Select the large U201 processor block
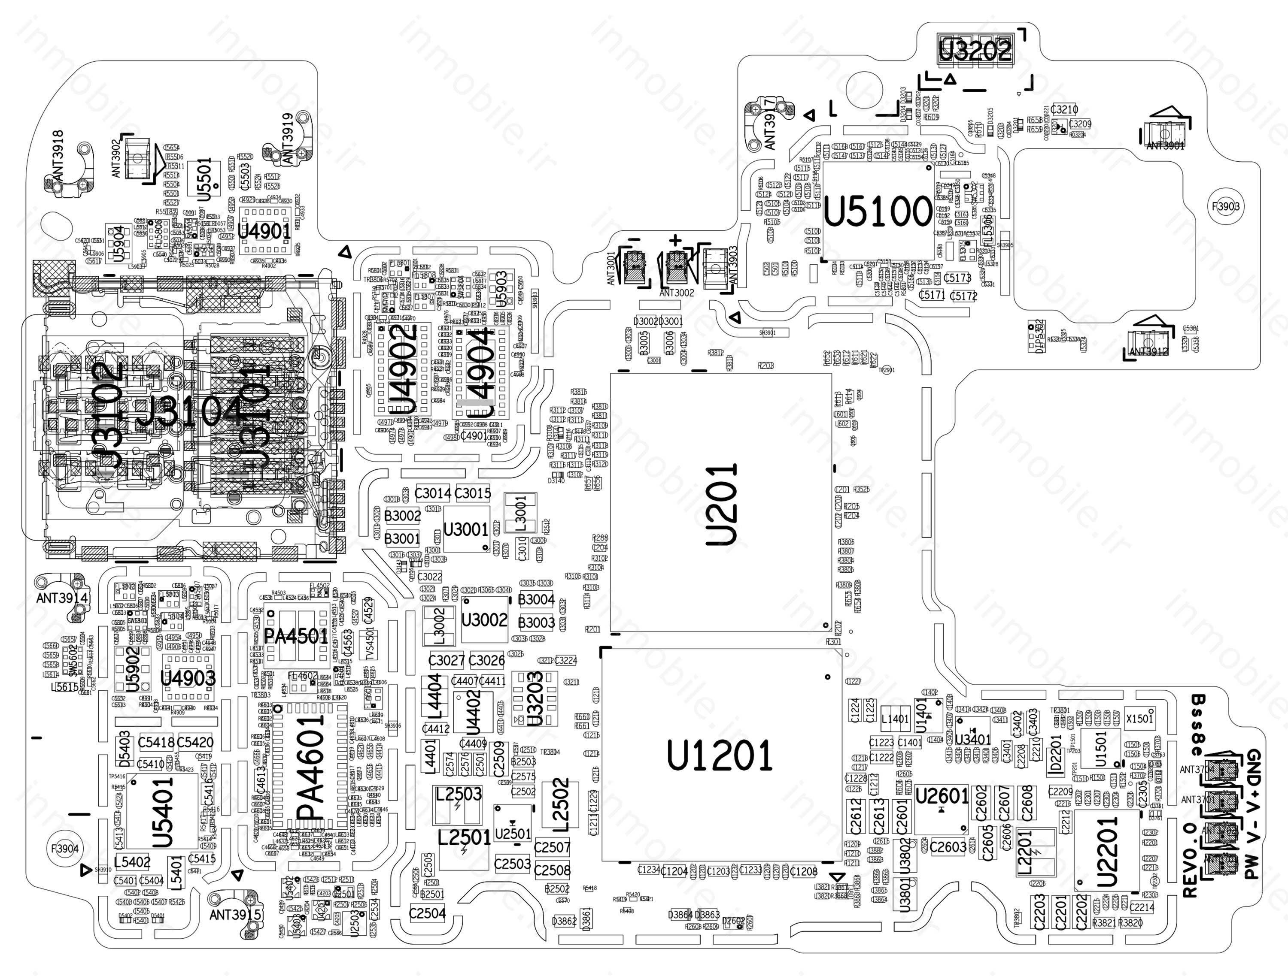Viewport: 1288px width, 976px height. [x=721, y=503]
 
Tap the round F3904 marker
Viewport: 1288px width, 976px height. [x=65, y=849]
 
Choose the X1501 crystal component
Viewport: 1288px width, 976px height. [x=1139, y=718]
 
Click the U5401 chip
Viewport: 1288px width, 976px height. [x=162, y=811]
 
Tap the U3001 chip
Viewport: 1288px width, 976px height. [x=466, y=529]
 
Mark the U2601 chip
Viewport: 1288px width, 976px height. [x=942, y=797]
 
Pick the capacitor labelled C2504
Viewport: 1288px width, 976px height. [x=427, y=913]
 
